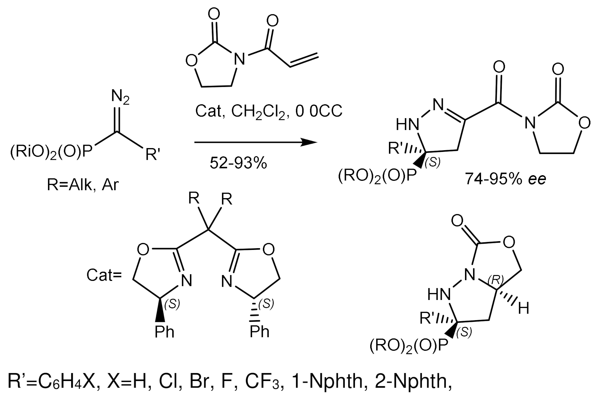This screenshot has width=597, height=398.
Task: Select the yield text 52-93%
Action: pyautogui.click(x=238, y=162)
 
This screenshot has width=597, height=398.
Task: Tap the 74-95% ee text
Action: pyautogui.click(x=506, y=178)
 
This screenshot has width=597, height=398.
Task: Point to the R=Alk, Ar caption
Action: pyautogui.click(x=83, y=185)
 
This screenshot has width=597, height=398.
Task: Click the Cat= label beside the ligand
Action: pyautogui.click(x=104, y=275)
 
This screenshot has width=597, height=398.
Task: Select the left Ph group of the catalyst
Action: pyautogui.click(x=164, y=332)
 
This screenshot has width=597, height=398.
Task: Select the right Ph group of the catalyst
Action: pyautogui.click(x=259, y=332)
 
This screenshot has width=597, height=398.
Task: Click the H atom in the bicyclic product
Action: pyautogui.click(x=523, y=308)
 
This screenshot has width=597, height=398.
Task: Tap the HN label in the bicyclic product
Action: pyautogui.click(x=439, y=295)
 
